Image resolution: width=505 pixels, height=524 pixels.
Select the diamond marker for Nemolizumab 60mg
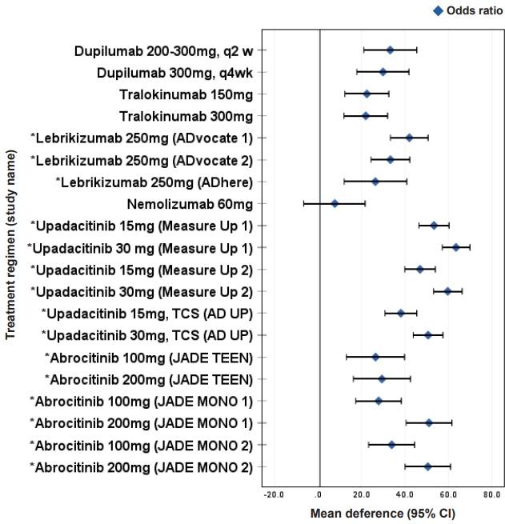click(x=335, y=204)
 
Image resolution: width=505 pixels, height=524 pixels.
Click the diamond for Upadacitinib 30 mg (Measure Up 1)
click(x=456, y=247)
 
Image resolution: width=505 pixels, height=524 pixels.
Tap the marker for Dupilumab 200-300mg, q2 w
click(x=390, y=50)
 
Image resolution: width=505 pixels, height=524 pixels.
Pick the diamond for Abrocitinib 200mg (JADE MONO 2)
click(x=427, y=466)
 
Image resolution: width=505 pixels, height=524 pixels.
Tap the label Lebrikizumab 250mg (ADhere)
click(x=154, y=182)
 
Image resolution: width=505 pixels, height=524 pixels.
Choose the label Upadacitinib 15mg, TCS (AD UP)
click(x=147, y=313)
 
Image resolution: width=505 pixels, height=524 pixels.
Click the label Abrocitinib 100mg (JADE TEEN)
click(x=148, y=357)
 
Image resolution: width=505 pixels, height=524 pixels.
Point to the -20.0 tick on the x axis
click(x=275, y=494)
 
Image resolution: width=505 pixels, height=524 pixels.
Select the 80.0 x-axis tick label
click(x=491, y=494)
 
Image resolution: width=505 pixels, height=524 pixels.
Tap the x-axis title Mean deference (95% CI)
click(x=383, y=513)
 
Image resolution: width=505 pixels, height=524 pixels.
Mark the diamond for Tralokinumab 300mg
click(x=366, y=116)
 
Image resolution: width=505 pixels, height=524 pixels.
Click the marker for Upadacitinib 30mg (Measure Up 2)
click(x=448, y=291)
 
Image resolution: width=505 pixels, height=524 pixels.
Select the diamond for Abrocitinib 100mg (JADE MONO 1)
click(x=379, y=401)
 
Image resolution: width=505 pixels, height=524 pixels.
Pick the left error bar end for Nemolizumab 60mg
click(x=304, y=204)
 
